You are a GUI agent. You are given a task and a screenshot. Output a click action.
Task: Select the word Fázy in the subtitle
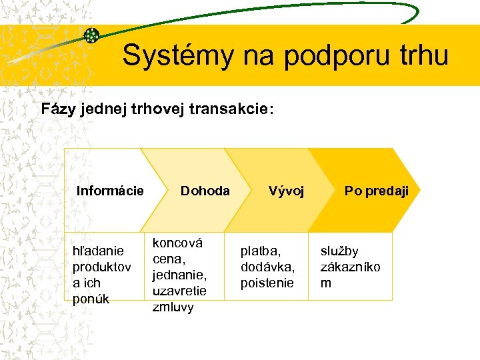59,109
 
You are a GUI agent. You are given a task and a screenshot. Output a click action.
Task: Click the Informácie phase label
110,191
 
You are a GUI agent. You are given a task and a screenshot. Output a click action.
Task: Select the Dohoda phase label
205,191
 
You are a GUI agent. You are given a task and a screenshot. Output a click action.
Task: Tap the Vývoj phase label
286,191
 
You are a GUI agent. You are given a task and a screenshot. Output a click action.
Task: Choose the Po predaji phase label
377,191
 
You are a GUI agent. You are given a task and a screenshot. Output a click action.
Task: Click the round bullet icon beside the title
91,36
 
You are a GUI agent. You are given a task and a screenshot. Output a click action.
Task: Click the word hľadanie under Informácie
98,251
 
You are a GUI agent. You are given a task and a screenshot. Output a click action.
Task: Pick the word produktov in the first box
101,267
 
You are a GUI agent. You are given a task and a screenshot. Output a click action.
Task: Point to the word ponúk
91,299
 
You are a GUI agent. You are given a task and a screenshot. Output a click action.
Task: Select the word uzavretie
179,291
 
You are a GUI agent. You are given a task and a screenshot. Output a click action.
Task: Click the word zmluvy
173,307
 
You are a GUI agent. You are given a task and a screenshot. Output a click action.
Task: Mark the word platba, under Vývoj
261,251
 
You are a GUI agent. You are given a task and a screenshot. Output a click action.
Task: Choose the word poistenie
267,283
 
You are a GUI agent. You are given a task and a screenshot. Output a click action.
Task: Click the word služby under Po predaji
339,251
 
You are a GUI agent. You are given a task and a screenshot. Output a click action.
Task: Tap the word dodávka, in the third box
267,267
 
